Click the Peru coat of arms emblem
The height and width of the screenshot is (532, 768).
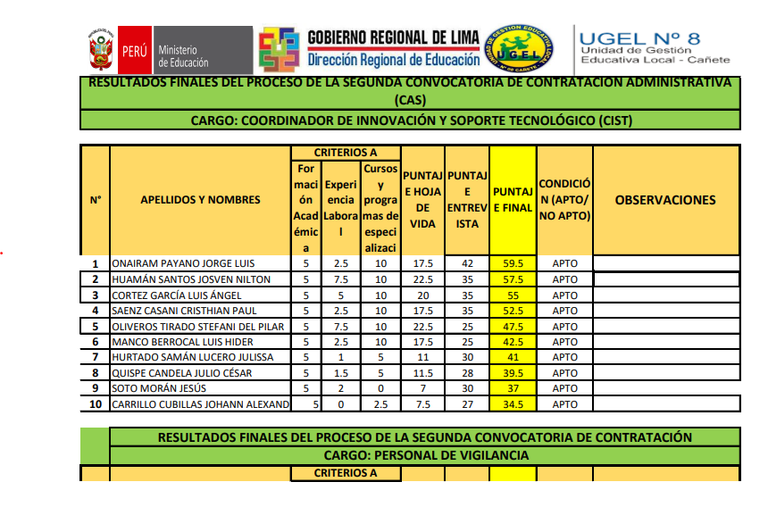tap(100, 48)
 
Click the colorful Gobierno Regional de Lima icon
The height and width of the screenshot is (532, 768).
tap(278, 49)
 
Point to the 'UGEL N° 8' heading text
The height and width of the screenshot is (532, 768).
tap(639, 37)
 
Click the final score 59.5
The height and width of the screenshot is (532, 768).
tap(513, 264)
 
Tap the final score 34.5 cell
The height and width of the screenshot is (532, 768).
tap(513, 404)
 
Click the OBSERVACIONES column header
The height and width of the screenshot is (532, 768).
tap(665, 200)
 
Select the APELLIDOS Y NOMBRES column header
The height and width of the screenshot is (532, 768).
tap(200, 200)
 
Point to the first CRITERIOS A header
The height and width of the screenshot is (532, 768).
tap(345, 153)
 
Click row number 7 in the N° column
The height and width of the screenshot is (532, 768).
tap(95, 357)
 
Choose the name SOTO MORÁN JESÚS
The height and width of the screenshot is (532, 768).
tap(158, 388)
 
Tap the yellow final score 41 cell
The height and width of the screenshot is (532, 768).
tap(513, 357)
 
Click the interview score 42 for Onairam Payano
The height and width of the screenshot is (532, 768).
tap(467, 264)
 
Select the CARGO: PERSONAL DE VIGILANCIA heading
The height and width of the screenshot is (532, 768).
tap(425, 455)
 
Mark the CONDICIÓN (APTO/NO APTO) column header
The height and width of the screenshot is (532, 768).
tap(564, 200)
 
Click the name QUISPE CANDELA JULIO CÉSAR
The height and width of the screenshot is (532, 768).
tap(181, 373)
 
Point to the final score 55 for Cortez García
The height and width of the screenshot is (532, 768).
tap(513, 295)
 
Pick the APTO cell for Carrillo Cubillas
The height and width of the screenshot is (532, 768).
tap(564, 404)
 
